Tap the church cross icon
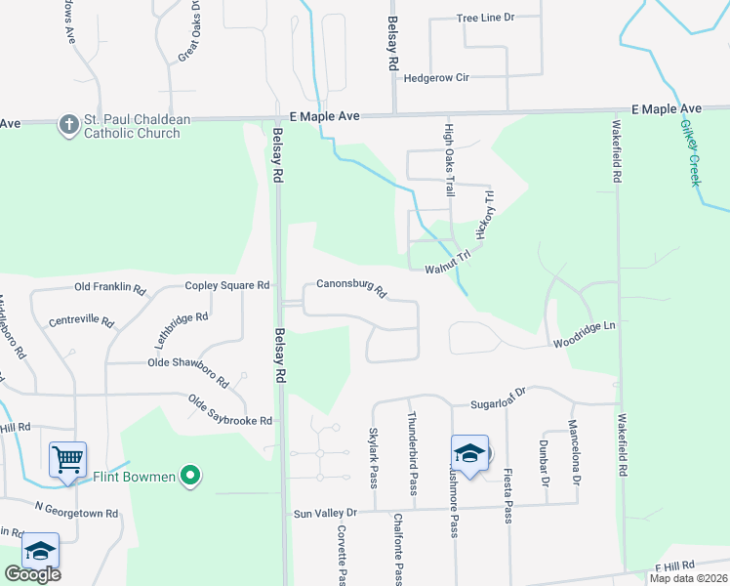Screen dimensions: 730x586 pyautogui.click(x=68, y=125)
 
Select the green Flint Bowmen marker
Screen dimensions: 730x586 pyautogui.click(x=191, y=477)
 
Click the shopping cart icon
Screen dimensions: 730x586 pyautogui.click(x=68, y=458)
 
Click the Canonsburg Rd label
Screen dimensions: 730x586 pyautogui.click(x=351, y=289)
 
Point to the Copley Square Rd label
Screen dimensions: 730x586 pyautogui.click(x=227, y=286)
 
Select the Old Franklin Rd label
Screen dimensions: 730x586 pyautogui.click(x=110, y=289)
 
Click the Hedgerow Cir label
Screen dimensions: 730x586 pyautogui.click(x=436, y=77)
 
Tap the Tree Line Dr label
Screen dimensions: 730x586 pyautogui.click(x=485, y=19)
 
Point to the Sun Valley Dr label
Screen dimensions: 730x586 pyautogui.click(x=326, y=513)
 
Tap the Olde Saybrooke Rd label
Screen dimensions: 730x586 pyautogui.click(x=230, y=410)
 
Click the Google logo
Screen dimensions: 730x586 pyautogui.click(x=32, y=574)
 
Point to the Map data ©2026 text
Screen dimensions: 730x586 pyautogui.click(x=688, y=578)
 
